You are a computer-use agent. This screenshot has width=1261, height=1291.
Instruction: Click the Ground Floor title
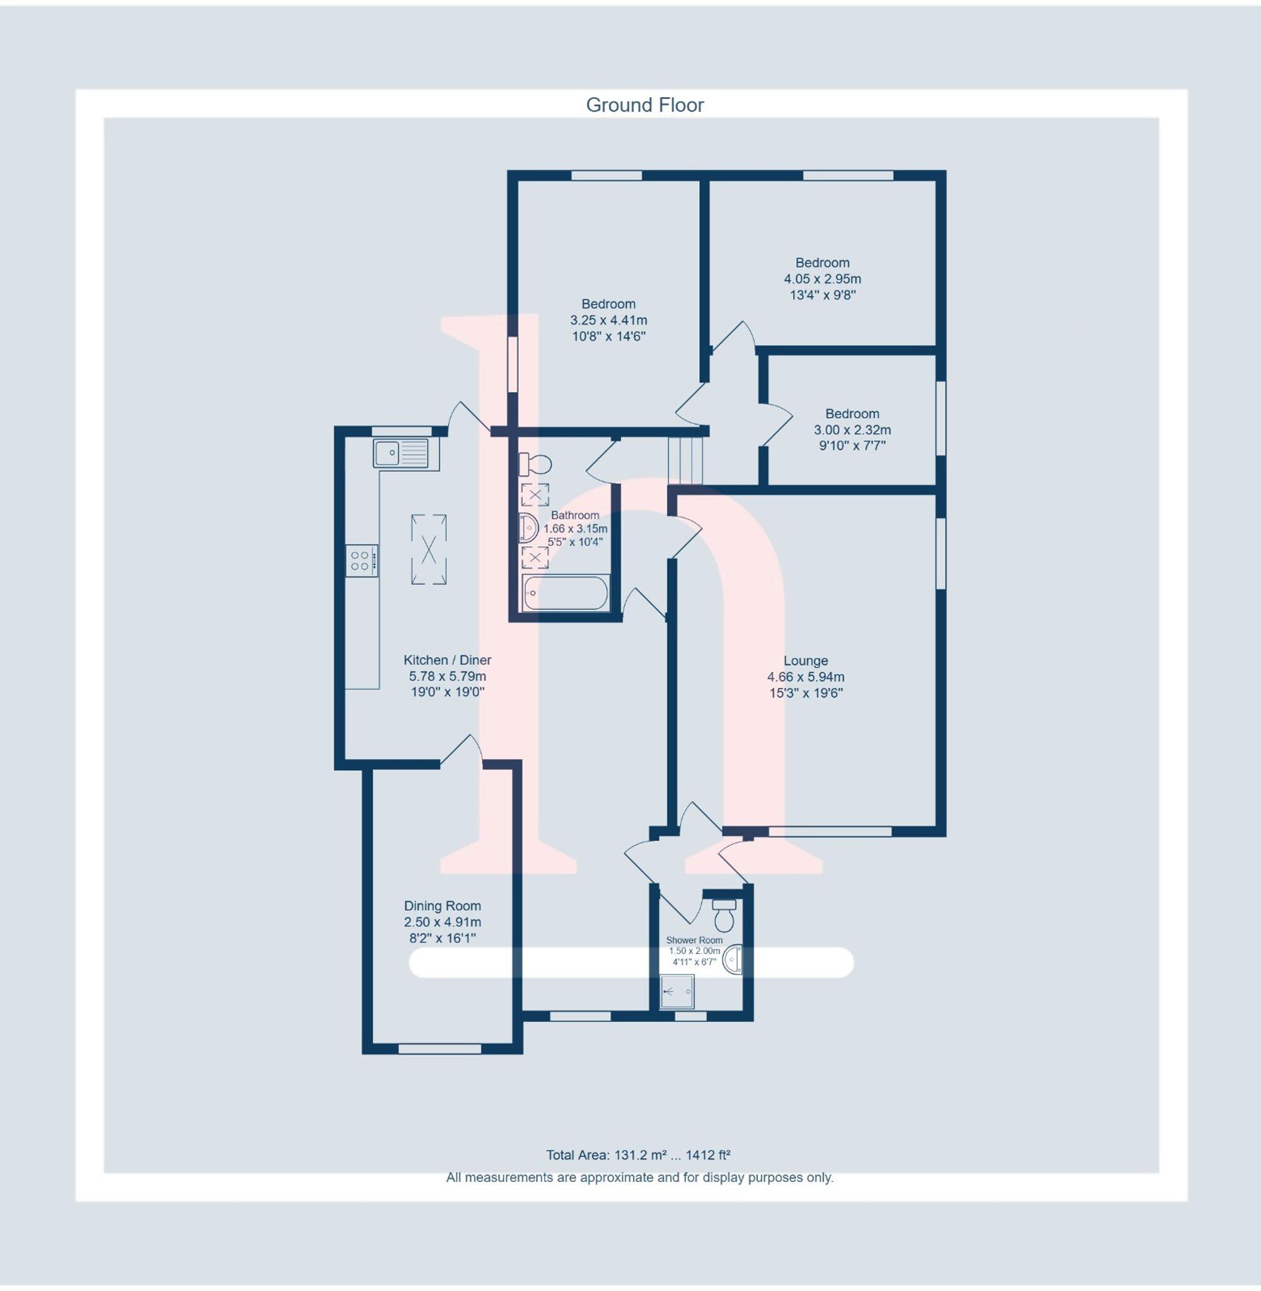click(x=644, y=105)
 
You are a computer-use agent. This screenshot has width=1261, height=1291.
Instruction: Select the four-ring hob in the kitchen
click(x=361, y=561)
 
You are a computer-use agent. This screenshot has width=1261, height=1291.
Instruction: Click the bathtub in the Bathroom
click(x=565, y=593)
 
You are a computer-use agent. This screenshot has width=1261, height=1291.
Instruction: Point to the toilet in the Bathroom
click(x=535, y=464)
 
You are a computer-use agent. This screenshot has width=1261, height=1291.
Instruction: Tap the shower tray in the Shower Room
click(x=678, y=991)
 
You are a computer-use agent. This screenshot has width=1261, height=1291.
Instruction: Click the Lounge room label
click(x=805, y=661)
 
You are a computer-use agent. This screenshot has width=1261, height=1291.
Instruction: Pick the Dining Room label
click(x=443, y=906)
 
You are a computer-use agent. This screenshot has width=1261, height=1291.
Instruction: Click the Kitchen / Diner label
click(x=447, y=660)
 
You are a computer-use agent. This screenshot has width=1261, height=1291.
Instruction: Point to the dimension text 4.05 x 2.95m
click(x=823, y=279)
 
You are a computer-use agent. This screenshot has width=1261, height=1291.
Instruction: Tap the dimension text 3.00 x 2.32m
click(x=852, y=430)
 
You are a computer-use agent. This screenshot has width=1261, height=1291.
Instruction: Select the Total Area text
click(x=638, y=1155)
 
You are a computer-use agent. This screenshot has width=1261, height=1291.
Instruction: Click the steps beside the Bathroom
click(x=684, y=460)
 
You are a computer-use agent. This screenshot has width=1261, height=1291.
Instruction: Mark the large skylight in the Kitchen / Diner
click(x=429, y=550)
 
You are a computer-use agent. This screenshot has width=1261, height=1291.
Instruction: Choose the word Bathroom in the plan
click(x=575, y=515)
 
